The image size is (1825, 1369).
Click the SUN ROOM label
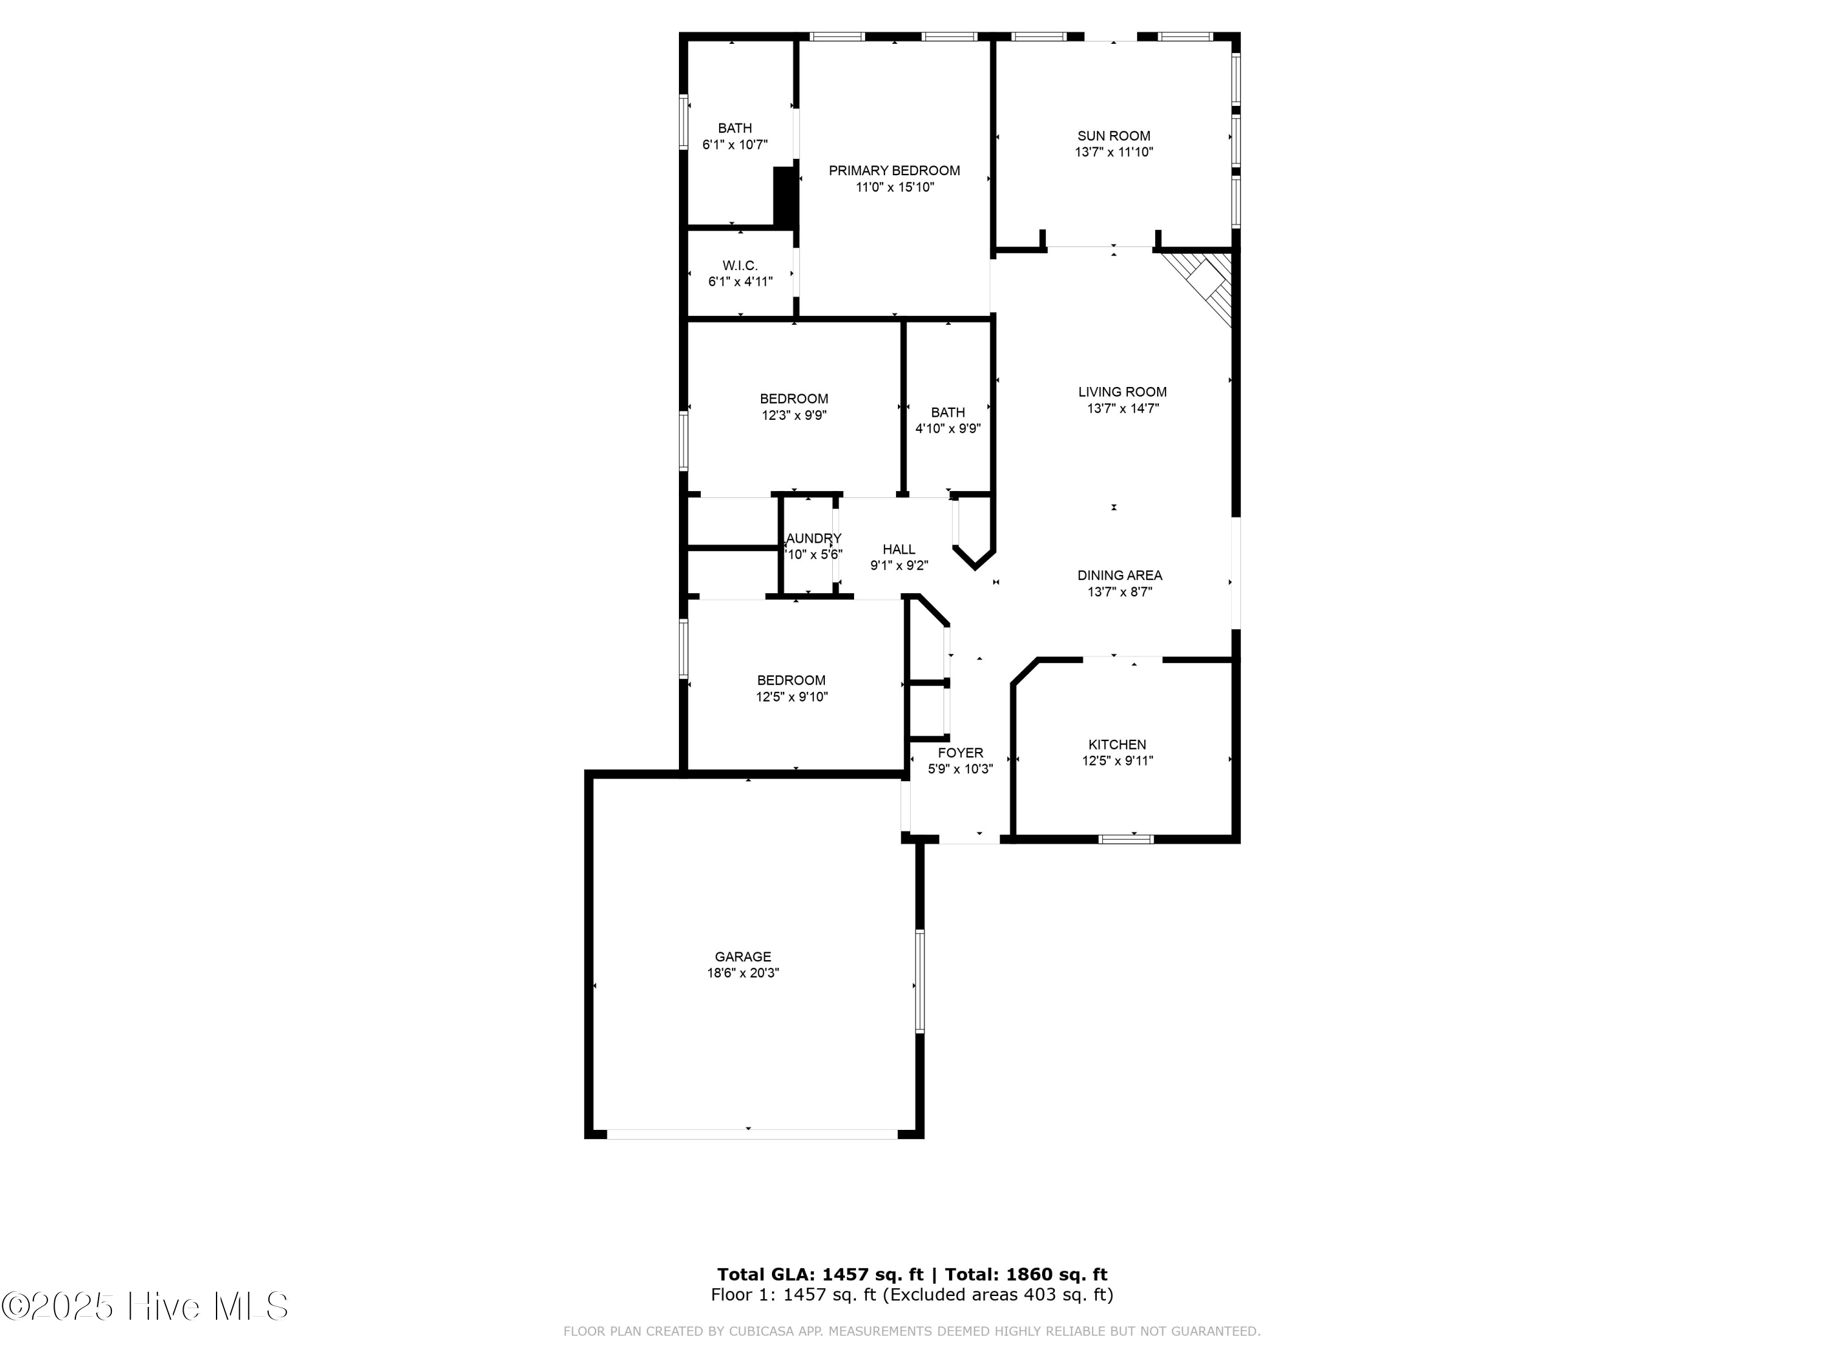point(1113,136)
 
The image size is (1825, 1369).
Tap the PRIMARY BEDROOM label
point(894,171)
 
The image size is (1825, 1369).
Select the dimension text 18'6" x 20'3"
point(743,973)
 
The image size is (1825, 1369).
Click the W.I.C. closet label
point(740,266)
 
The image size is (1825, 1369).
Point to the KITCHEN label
point(1117,744)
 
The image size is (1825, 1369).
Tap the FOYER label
point(961,753)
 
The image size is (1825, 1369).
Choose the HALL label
point(899,549)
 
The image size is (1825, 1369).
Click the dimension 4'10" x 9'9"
point(948,428)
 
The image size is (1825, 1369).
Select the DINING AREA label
point(1119,575)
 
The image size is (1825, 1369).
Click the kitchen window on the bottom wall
point(1126,838)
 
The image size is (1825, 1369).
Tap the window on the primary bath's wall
point(683,122)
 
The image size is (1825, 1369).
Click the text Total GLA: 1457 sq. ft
point(819,1275)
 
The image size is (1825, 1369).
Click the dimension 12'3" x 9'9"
point(794,415)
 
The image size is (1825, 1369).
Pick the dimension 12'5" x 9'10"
point(791,697)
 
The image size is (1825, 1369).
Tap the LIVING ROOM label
point(1122,392)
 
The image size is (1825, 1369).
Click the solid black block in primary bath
point(785,195)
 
